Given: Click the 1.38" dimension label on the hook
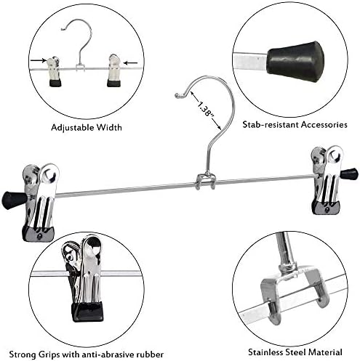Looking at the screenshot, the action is coord(206,109).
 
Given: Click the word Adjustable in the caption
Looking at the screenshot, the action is coord(73,127).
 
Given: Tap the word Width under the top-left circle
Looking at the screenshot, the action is coord(109,127).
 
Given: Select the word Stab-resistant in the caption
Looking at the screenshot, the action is coord(270,125).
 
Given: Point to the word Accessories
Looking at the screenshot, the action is coord(324,125).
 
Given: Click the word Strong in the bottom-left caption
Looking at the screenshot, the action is coord(22,354).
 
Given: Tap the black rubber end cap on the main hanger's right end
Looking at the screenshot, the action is coord(349,174).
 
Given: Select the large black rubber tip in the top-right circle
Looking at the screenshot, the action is coord(296,62).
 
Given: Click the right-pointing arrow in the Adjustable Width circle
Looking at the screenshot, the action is coord(39,60).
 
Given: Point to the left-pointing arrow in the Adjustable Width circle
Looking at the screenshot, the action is coord(130,63).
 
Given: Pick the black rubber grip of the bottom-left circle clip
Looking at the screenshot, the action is coord(87,312).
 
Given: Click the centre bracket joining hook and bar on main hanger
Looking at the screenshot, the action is coord(206,182).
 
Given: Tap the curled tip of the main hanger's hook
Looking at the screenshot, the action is coord(178,95).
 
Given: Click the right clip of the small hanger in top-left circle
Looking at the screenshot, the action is coord(114,70).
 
